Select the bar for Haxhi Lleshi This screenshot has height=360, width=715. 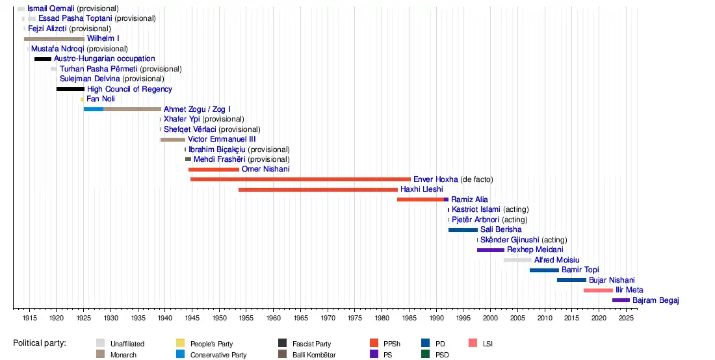point(318,190)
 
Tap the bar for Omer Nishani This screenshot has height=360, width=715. point(213,170)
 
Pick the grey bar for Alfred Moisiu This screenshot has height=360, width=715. point(517,260)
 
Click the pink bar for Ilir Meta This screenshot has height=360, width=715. point(598,290)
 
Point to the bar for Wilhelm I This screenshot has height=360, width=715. point(54,39)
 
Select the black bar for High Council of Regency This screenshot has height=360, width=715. point(70,89)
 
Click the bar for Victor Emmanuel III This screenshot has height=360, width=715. point(173,140)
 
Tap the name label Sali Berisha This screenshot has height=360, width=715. point(500,230)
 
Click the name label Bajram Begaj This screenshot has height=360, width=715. point(656,300)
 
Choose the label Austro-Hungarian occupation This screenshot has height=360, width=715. point(104,59)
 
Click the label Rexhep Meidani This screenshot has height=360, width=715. point(535,250)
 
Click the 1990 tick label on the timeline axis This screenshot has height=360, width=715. point(436,318)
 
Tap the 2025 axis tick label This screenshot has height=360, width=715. point(626,318)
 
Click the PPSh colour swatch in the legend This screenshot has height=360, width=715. point(374,343)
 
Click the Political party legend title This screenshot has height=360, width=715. point(40,343)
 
